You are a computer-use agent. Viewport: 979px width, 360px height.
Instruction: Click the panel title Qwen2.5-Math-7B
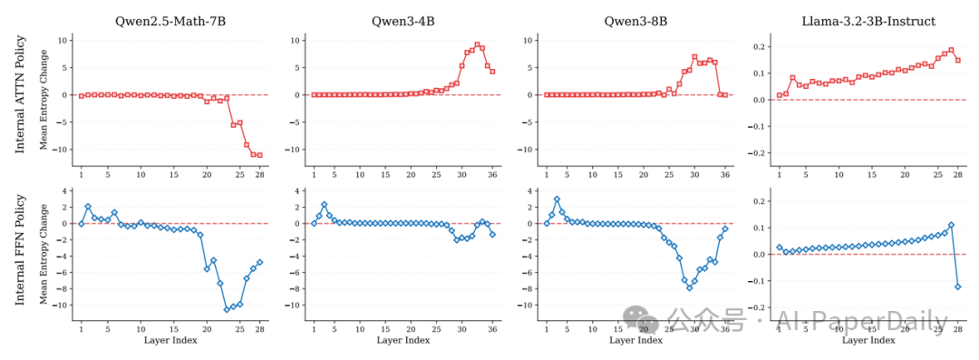coord(170,20)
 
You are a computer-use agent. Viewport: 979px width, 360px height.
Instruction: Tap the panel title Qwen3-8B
coord(635,20)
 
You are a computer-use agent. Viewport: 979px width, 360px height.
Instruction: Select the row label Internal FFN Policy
coord(20,254)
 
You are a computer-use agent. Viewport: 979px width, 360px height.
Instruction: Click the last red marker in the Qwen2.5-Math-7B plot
coord(259,155)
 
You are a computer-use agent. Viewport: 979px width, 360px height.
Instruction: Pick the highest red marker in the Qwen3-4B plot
coord(477,44)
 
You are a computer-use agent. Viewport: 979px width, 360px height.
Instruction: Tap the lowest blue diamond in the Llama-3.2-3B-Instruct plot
coord(958,287)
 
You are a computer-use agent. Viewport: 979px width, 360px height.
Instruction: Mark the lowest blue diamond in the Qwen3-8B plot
coord(690,287)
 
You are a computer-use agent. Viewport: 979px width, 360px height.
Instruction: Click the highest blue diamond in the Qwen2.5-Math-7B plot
coord(88,207)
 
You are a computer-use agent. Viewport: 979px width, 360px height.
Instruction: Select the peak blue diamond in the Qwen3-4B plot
coord(324,204)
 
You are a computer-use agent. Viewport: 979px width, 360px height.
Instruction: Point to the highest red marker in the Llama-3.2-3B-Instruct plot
coord(951,51)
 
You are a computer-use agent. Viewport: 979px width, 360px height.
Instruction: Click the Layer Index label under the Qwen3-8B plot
coord(635,340)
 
